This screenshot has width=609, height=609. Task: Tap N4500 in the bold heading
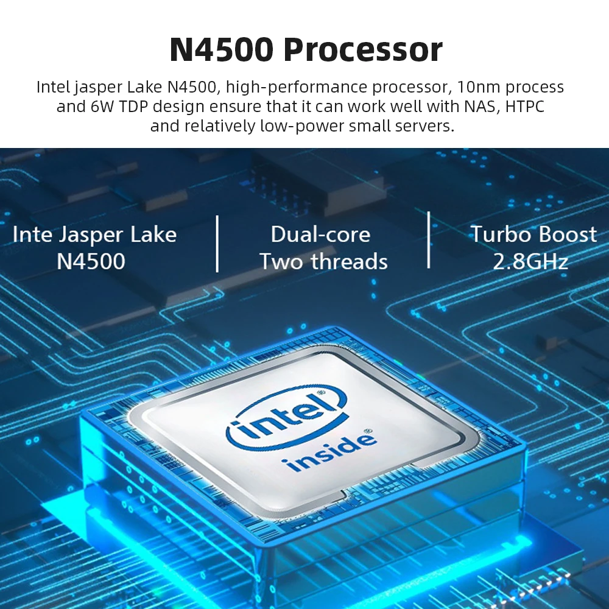pyautogui.click(x=222, y=50)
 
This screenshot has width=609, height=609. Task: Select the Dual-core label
pyautogui.click(x=320, y=234)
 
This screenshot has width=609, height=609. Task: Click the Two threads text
pyautogui.click(x=323, y=261)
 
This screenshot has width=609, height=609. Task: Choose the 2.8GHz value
pyautogui.click(x=530, y=261)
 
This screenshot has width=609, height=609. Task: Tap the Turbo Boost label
pyautogui.click(x=533, y=234)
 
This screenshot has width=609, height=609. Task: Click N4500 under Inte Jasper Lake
pyautogui.click(x=91, y=261)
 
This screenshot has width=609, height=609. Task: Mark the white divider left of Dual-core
pyautogui.click(x=217, y=244)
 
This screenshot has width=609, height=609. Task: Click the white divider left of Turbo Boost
pyautogui.click(x=429, y=240)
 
